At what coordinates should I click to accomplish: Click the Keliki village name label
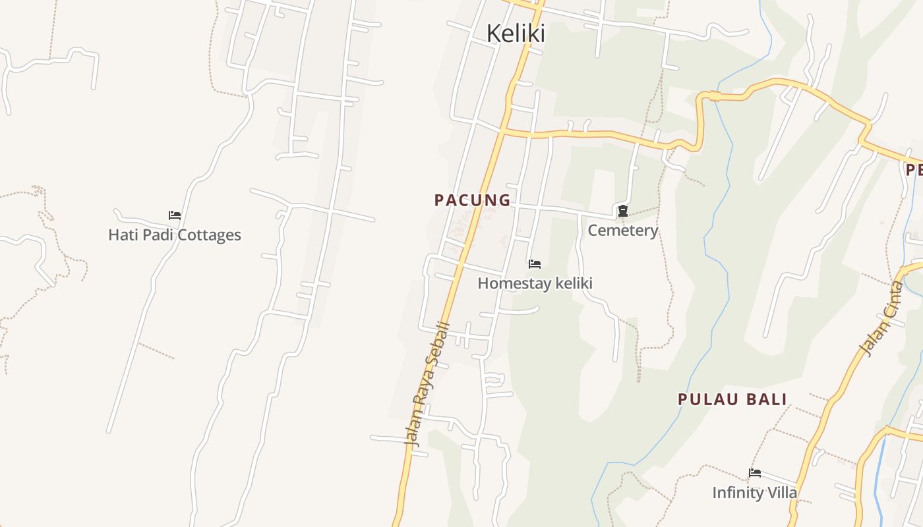pos(516,33)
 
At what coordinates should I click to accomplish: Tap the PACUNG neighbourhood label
pos(472,200)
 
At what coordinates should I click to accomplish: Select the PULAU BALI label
pos(732,399)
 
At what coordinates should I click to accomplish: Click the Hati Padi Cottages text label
pos(175,235)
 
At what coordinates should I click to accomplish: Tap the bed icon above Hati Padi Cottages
pos(175,215)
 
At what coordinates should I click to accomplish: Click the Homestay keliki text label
pos(535,283)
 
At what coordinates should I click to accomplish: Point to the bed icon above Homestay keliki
pos(535,264)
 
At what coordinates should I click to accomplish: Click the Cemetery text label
pos(622,231)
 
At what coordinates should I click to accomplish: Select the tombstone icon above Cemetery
pos(622,211)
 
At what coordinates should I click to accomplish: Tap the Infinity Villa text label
pos(754,493)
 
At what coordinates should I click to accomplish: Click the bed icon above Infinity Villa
pos(755,473)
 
